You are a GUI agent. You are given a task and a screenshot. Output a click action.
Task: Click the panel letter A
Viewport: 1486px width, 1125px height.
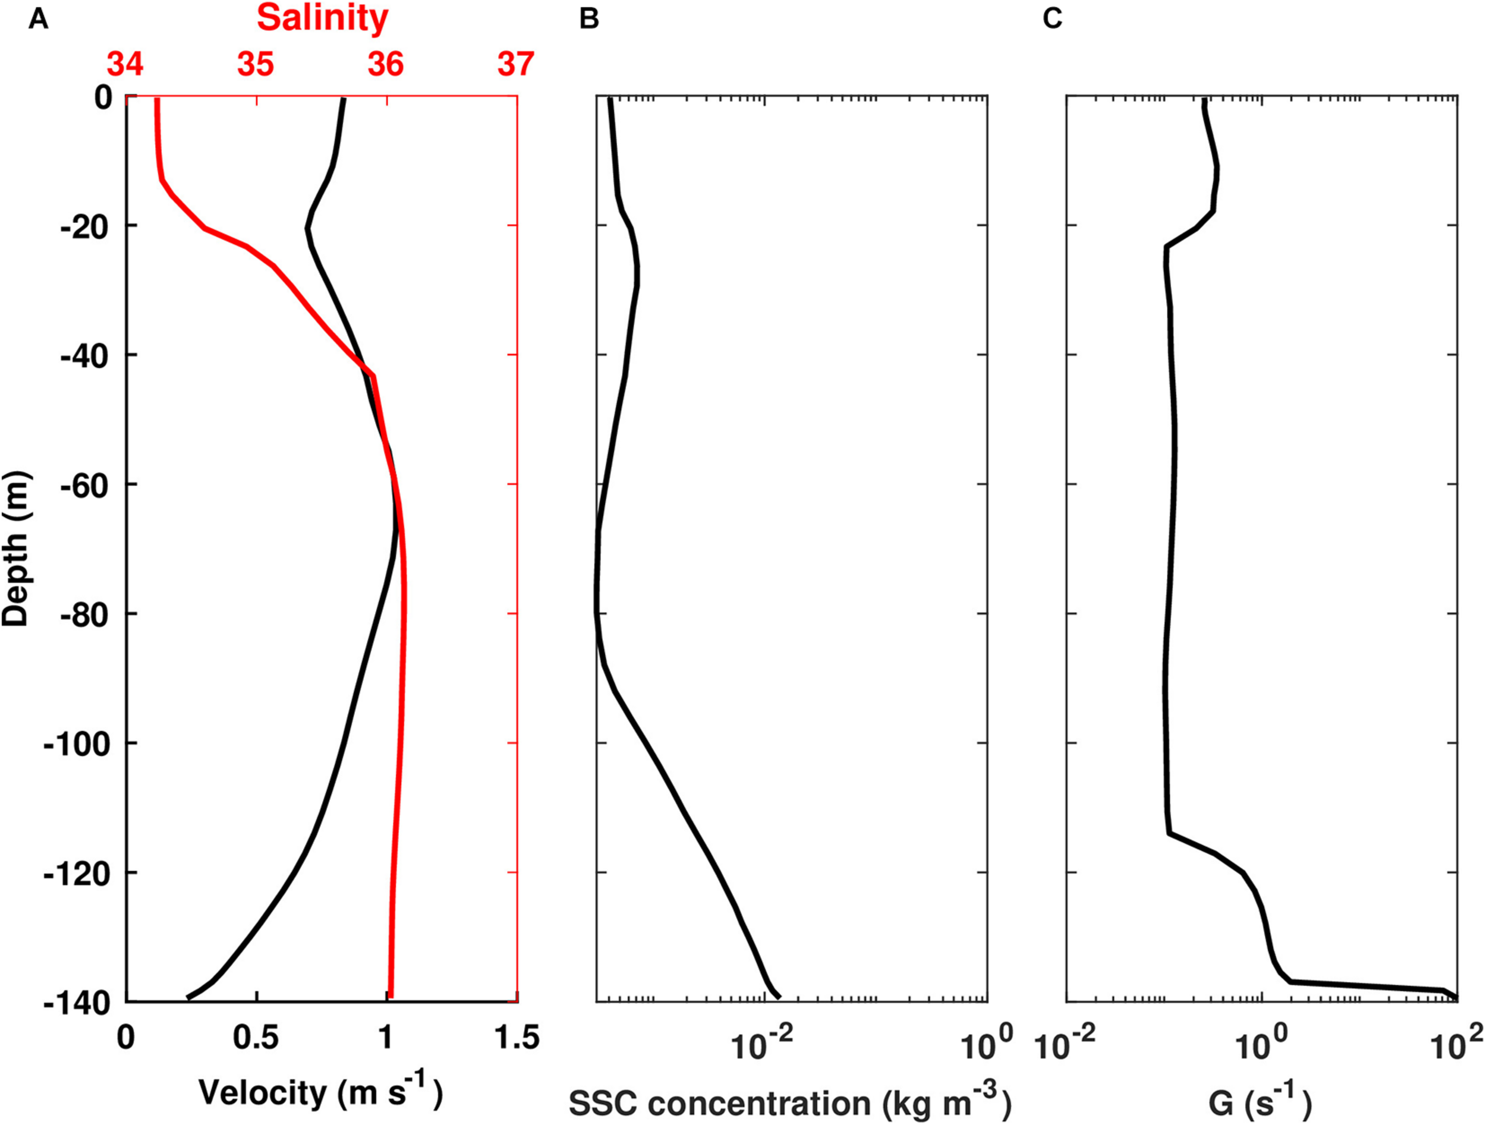38,20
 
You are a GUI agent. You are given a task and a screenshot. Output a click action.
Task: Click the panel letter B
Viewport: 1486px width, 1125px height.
588,20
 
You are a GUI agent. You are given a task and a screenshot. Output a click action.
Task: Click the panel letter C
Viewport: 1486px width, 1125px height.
1052,20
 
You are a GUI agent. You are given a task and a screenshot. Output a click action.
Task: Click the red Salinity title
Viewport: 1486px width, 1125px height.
322,19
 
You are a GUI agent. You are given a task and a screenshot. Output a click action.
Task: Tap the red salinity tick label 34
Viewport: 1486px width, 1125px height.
125,65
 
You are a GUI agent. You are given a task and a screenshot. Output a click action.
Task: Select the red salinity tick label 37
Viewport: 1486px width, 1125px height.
516,65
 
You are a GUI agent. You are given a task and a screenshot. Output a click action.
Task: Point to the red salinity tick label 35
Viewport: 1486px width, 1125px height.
255,65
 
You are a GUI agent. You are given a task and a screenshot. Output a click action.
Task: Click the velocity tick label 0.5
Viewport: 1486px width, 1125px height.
256,1038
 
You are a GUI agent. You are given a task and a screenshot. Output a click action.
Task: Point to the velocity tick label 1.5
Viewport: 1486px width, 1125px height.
516,1038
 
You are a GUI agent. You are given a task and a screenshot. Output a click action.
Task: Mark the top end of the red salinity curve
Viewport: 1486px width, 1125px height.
156,100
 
